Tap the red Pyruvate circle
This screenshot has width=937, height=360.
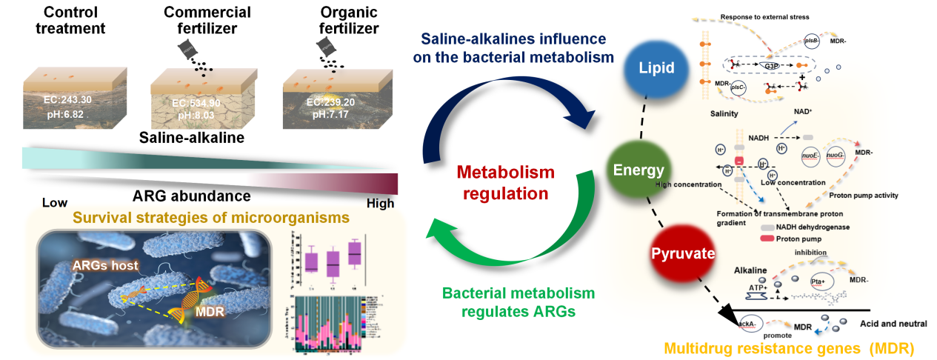point(682,253)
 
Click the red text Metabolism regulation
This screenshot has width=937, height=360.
point(505,183)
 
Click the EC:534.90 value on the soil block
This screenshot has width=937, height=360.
point(179,102)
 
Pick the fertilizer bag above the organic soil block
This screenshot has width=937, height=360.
point(324,48)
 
